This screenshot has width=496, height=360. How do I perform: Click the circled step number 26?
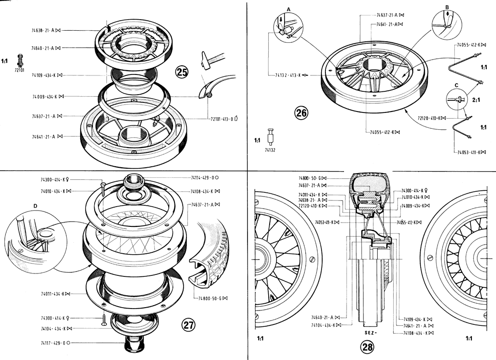point(301,113)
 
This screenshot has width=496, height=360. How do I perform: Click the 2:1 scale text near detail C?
point(476,101)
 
